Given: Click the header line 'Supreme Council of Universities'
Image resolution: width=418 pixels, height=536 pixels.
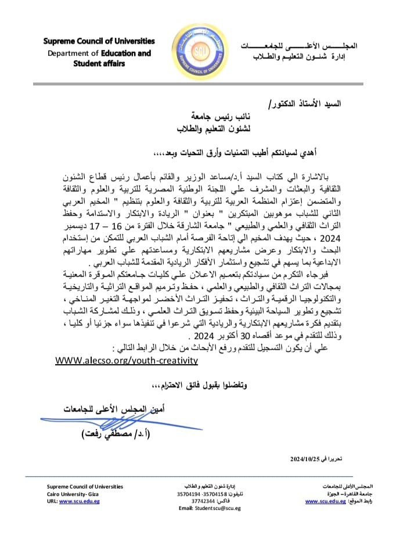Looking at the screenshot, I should click(x=99, y=41).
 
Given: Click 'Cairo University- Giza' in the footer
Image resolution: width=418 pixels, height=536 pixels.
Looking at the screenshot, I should click(x=73, y=493).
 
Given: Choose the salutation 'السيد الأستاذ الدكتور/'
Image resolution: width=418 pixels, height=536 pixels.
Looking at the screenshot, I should click(x=336, y=105).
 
